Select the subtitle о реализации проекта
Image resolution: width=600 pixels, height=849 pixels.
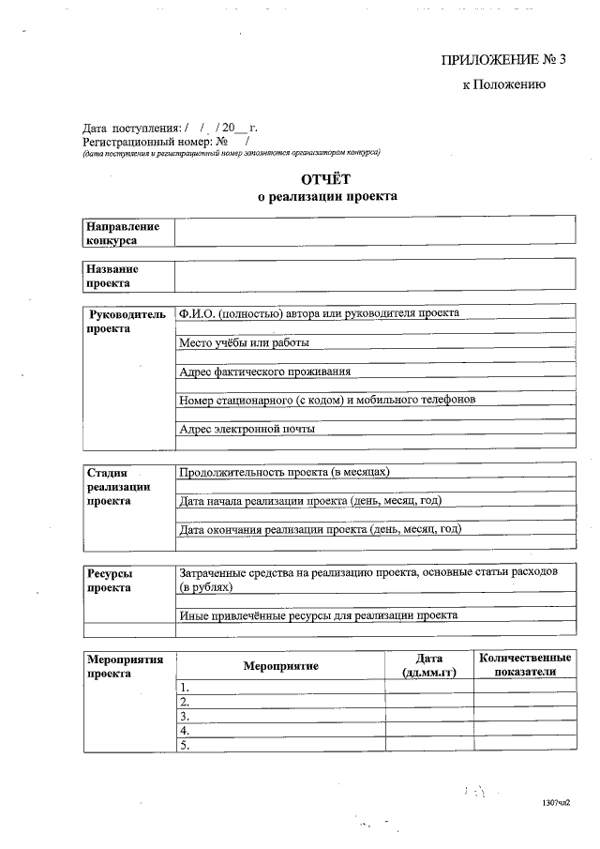(327, 197)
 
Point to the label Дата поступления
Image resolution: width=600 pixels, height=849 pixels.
(131, 128)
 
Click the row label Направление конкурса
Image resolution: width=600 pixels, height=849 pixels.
(123, 233)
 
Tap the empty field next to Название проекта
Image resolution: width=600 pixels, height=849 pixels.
(374, 276)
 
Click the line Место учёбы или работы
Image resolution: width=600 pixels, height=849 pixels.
(244, 342)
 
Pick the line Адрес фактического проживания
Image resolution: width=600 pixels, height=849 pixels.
(265, 371)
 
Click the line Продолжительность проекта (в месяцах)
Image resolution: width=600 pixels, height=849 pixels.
(284, 472)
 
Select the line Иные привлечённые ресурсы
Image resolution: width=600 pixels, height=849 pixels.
(318, 615)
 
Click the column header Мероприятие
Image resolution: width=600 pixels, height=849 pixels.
(280, 665)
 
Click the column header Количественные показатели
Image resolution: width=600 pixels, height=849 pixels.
(524, 665)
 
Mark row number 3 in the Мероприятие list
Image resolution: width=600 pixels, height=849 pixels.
(185, 716)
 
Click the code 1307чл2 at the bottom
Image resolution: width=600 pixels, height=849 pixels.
(556, 804)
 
